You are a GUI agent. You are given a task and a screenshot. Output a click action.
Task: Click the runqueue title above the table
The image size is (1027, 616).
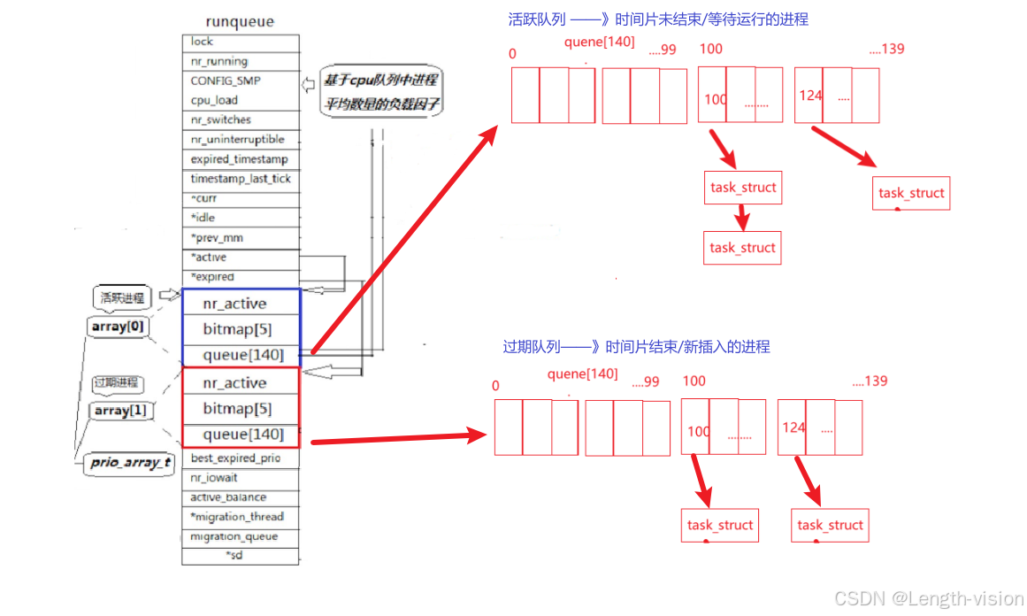pos(240,21)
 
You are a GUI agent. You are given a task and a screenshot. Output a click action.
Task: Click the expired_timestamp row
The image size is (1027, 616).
pos(239,159)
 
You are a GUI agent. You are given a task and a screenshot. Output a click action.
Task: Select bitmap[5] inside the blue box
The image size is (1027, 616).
pos(237,329)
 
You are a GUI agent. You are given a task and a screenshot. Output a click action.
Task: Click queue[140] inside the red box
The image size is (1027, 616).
pos(243,435)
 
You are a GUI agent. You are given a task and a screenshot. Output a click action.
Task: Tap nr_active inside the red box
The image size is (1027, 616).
pos(234,383)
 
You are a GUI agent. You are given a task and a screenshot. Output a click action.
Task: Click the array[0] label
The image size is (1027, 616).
pos(117,327)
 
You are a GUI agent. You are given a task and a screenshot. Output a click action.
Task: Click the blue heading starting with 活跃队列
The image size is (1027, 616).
pos(658,19)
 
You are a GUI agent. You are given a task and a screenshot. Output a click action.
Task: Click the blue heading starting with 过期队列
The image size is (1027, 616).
pos(636,347)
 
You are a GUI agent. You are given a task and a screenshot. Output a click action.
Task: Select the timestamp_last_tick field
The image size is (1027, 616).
pos(241,179)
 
